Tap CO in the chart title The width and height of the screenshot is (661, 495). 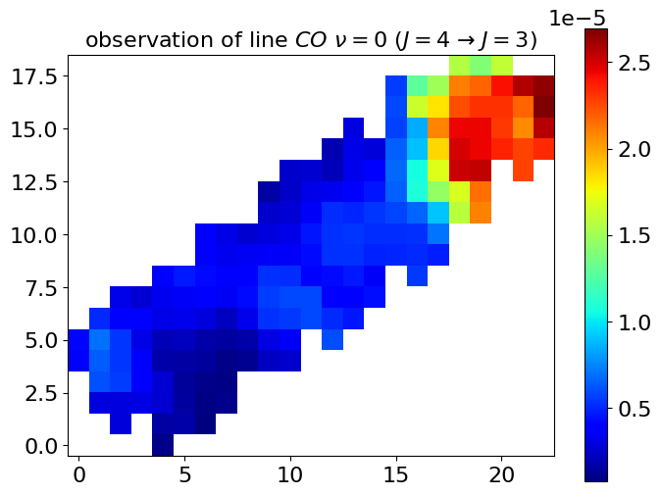point(310,40)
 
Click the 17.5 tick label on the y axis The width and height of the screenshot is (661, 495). point(34,76)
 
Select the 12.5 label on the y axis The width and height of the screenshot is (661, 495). point(34,182)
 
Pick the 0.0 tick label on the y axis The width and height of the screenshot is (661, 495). point(41,447)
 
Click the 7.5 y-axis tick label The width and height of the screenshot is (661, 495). point(41,288)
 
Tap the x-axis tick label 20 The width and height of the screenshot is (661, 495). point(502,475)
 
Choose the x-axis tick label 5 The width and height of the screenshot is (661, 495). point(184,475)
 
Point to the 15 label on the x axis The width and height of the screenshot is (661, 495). point(396,475)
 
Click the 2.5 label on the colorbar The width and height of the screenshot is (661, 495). point(634,63)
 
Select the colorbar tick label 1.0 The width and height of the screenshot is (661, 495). point(634,322)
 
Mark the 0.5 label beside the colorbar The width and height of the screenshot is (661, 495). point(634,409)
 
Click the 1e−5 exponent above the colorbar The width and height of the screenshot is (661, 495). point(577,18)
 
